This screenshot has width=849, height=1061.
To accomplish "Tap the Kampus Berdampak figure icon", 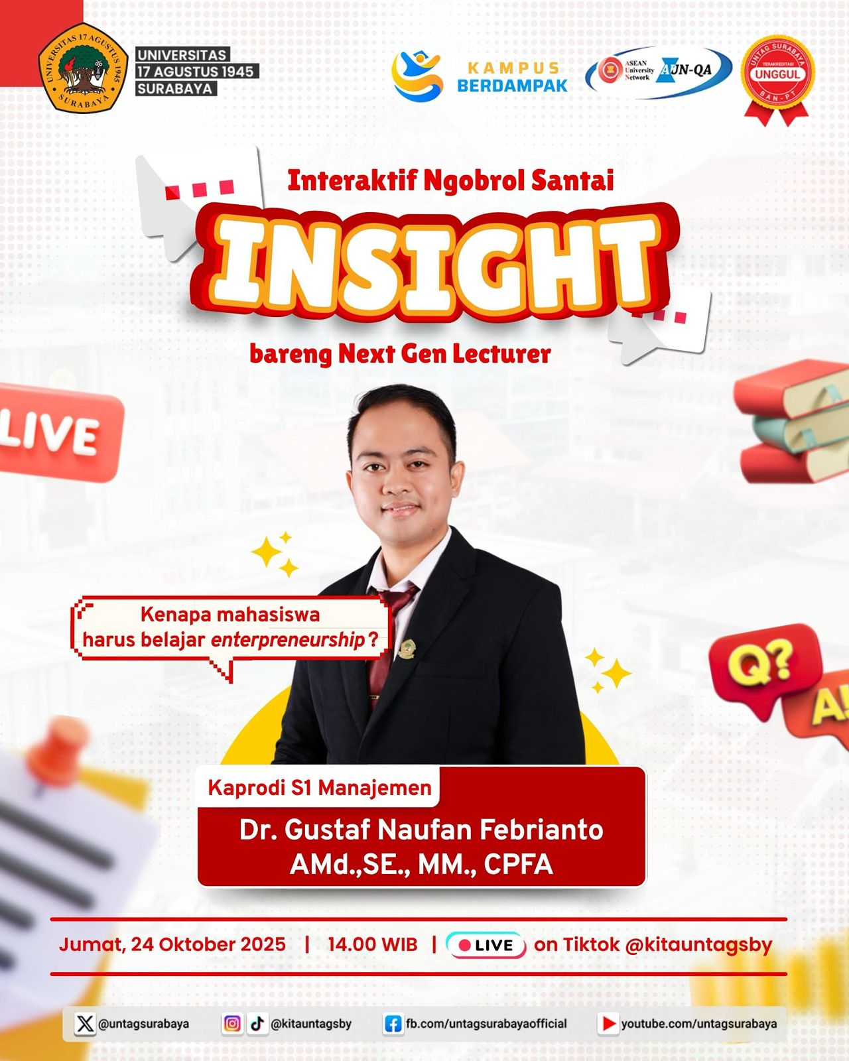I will click(417, 75).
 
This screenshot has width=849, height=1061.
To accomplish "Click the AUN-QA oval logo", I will click(659, 72).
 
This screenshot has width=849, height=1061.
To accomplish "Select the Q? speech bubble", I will click(763, 666).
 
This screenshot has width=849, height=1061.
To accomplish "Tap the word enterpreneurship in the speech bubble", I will click(288, 640).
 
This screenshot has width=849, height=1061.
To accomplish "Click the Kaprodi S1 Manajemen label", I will click(320, 788).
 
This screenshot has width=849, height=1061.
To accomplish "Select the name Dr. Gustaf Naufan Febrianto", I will click(421, 830).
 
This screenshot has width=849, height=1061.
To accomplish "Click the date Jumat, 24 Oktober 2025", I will click(172, 944).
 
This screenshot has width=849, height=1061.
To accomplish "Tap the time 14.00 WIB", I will click(372, 944).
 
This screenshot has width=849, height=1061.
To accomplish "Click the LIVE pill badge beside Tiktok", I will click(486, 945).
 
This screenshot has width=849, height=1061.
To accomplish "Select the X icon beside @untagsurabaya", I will click(85, 1024).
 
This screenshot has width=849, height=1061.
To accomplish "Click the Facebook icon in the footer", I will click(393, 1024).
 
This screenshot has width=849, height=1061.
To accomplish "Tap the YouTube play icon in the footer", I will click(607, 1024).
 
